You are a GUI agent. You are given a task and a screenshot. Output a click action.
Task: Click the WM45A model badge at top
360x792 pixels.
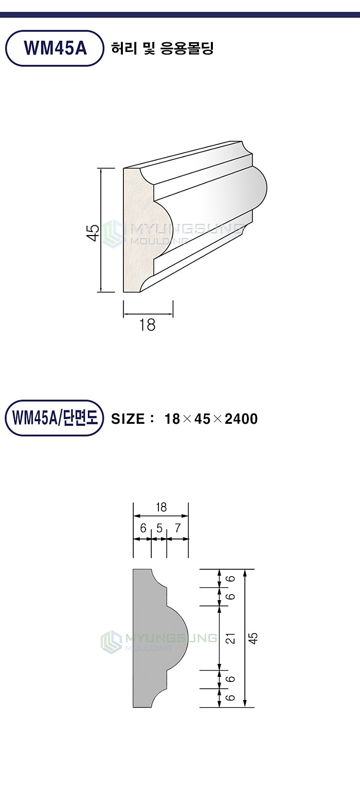(x=55, y=48)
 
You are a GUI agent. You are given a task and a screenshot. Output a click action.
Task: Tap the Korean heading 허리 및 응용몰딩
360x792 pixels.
(x=163, y=48)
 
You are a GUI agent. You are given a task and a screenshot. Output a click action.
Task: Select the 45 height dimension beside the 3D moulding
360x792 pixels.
(x=93, y=232)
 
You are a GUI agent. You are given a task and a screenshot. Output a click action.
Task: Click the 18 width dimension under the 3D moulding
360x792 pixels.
(x=147, y=325)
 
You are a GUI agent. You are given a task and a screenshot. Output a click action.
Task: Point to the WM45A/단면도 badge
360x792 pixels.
(x=54, y=418)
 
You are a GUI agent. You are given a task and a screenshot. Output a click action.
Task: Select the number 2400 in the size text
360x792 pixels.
(x=241, y=419)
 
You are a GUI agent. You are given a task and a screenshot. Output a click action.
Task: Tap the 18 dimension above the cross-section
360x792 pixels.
(x=161, y=508)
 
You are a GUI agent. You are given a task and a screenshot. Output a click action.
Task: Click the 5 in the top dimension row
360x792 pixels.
(x=159, y=528)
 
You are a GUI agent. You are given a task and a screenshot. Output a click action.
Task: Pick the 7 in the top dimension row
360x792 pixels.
(x=177, y=528)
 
